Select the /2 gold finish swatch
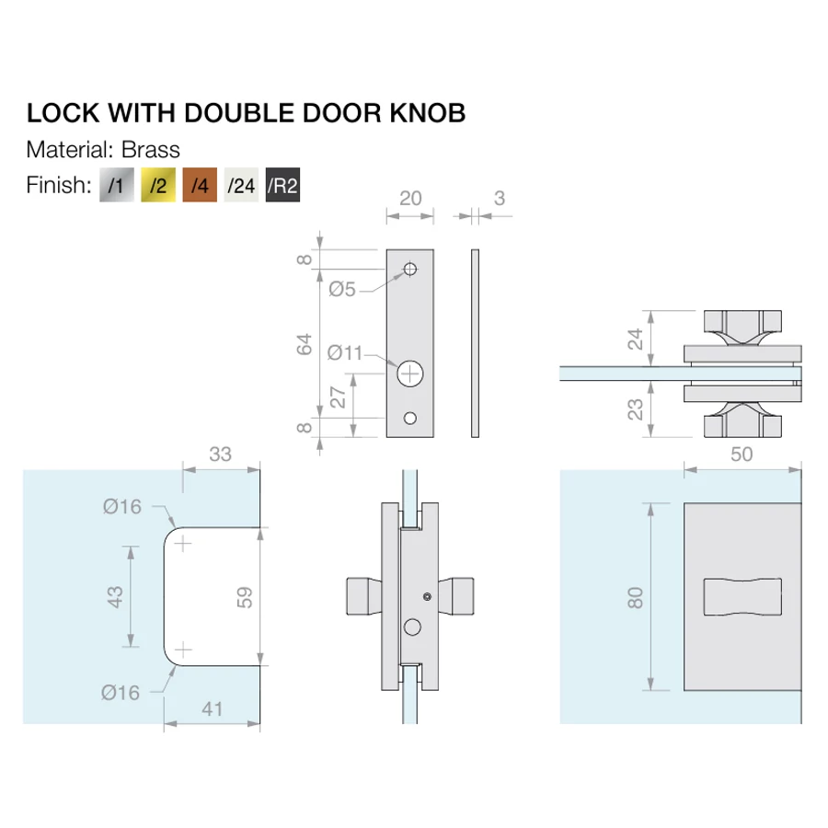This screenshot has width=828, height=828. click(157, 186)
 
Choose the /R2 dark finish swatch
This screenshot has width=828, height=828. click(283, 186)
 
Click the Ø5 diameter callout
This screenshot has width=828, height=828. click(342, 290)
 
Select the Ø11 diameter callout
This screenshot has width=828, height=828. click(346, 351)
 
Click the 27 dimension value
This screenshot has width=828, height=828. click(339, 397)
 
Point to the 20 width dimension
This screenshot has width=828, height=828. click(409, 198)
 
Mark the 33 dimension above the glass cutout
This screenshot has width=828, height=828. click(221, 454)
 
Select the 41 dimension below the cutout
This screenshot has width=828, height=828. click(213, 710)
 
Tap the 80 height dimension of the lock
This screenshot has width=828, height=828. click(635, 597)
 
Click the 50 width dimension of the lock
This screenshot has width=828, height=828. click(741, 454)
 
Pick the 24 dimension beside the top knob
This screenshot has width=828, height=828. click(634, 339)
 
